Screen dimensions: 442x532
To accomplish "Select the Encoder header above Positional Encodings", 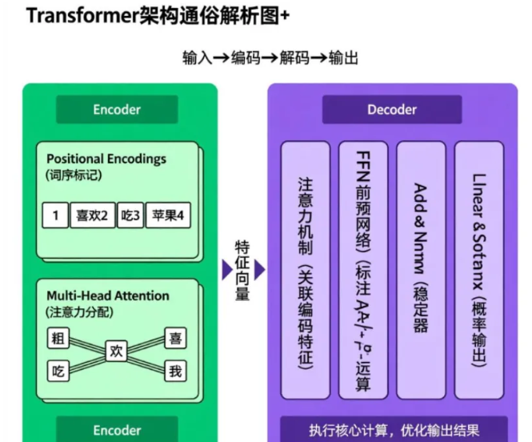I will [x=117, y=110].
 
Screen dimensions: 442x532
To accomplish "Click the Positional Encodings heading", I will [x=106, y=159].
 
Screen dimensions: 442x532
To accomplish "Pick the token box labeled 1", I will [x=55, y=215].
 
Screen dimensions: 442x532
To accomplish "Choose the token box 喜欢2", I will [x=92, y=215].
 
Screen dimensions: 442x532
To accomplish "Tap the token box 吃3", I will [x=130, y=215].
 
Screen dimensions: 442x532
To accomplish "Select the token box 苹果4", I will [x=169, y=215].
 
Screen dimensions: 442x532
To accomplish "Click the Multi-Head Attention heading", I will [x=108, y=295].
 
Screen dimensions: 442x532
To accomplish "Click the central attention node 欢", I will [x=117, y=352].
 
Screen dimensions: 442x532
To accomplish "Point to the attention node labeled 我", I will [x=176, y=371].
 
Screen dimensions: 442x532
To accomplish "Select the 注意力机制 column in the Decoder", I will [x=305, y=269].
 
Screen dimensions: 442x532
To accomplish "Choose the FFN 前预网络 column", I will [x=362, y=269].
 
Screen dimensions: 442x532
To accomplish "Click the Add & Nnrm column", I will [x=421, y=269].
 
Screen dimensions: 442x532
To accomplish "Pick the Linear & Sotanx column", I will [x=479, y=269].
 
